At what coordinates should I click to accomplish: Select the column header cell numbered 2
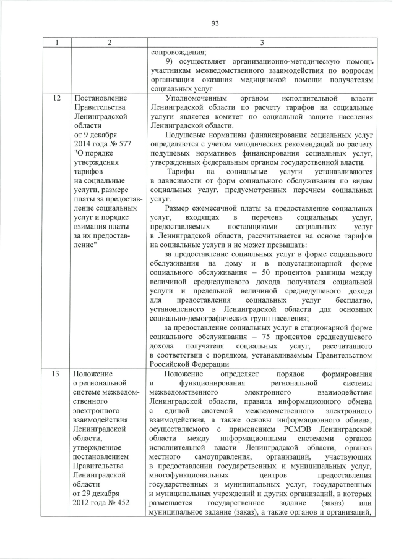pos(108,43)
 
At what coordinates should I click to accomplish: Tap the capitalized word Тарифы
pos(181,171)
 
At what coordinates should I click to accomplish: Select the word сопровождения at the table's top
pos(178,53)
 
